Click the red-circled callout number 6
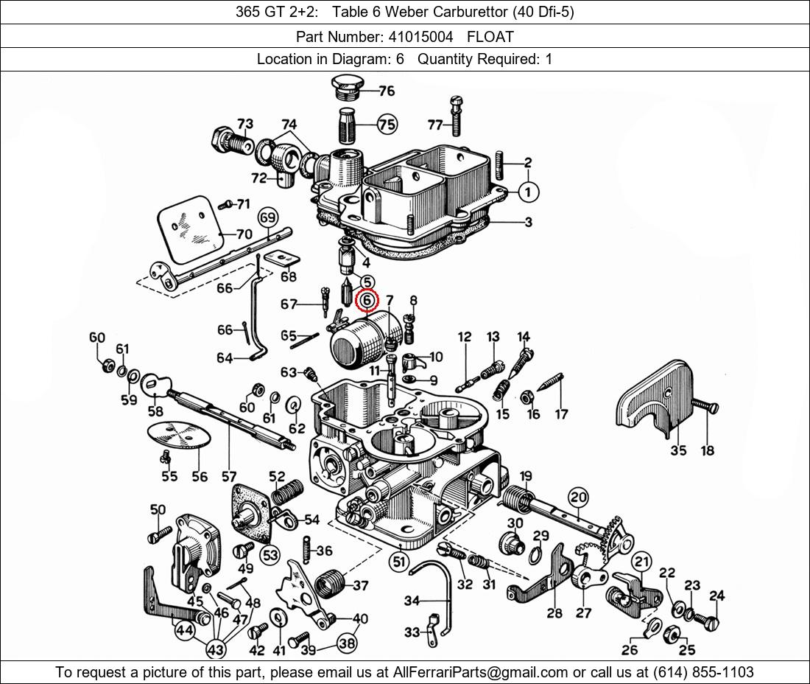(x=367, y=301)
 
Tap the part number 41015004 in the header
(x=418, y=36)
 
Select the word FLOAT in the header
(x=490, y=36)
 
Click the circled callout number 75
(x=387, y=125)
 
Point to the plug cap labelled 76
(x=344, y=86)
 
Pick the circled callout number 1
(x=528, y=192)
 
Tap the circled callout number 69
(x=267, y=217)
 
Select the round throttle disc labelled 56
(x=180, y=435)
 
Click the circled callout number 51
(x=399, y=562)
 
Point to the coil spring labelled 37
(x=330, y=585)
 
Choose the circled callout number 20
(x=578, y=498)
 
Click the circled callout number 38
(x=348, y=643)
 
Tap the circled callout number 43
(x=216, y=650)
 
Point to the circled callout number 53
(x=270, y=554)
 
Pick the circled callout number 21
(x=642, y=562)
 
